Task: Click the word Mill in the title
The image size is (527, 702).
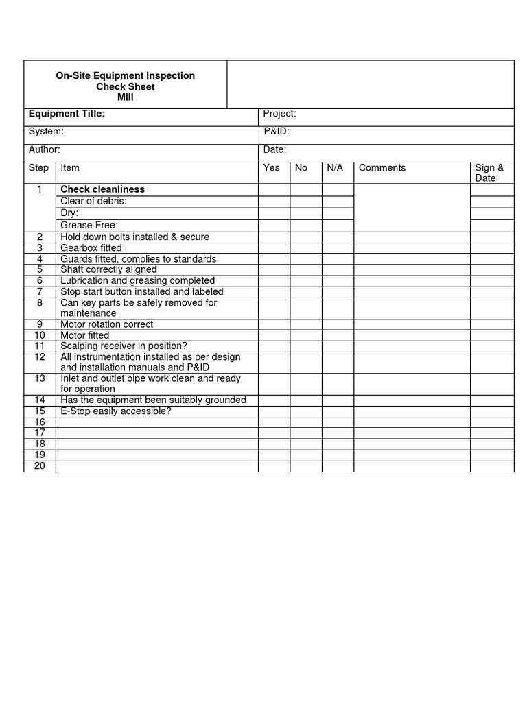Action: (125, 97)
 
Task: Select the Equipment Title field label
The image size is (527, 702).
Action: (67, 114)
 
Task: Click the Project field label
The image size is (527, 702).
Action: (280, 114)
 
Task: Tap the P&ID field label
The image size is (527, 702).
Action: (277, 132)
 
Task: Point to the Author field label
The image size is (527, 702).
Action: (45, 149)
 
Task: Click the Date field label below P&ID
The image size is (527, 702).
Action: (275, 149)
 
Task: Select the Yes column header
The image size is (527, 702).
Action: (272, 168)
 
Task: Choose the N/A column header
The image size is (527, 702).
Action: (335, 168)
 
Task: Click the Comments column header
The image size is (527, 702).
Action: (382, 168)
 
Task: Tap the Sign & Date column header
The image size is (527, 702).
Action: (489, 173)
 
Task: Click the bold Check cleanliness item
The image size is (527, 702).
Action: (103, 189)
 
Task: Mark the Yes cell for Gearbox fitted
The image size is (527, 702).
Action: (274, 248)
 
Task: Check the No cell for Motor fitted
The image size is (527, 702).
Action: (306, 336)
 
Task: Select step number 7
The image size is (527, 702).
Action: (40, 292)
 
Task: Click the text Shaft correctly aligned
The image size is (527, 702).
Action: (108, 270)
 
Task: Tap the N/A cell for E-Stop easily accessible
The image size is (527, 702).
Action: (338, 411)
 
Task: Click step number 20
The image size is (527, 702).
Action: (40, 466)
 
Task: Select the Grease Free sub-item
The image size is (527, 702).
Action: (89, 225)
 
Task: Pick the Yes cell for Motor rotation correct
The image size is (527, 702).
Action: (274, 325)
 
